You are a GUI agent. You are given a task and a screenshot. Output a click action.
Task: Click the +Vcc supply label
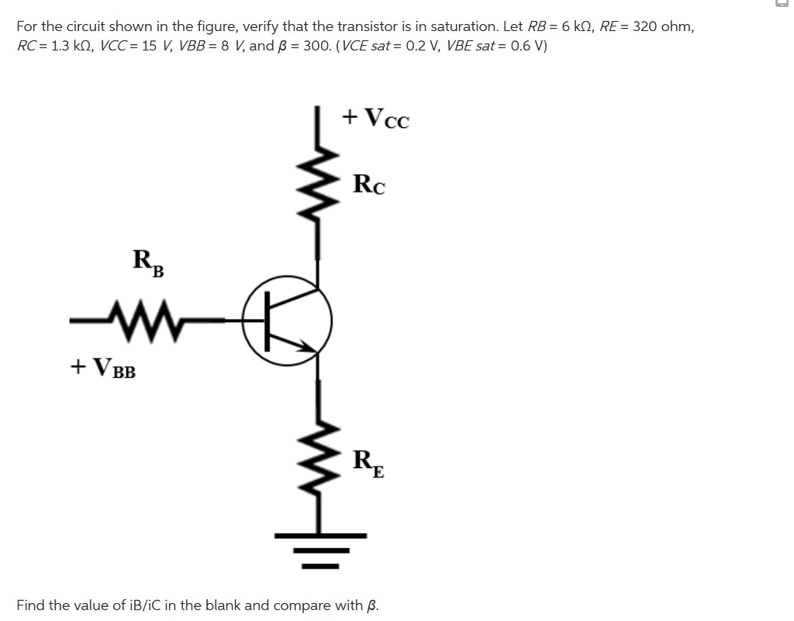(375, 118)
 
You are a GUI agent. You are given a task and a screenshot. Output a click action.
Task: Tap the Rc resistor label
(369, 185)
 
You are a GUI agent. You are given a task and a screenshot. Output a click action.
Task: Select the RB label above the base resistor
(148, 262)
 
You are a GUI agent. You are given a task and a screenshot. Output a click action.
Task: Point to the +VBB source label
(102, 367)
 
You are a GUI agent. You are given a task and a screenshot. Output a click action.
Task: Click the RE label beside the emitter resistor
(369, 463)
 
